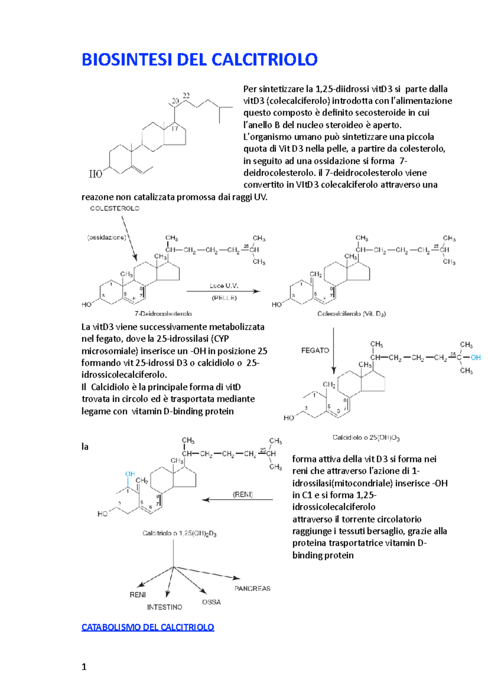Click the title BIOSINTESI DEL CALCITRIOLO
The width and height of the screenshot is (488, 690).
tap(199, 60)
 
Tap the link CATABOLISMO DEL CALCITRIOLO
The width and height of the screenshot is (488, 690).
tap(148, 627)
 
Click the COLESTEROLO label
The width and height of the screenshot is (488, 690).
tap(115, 208)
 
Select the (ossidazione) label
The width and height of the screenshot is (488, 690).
tap(107, 237)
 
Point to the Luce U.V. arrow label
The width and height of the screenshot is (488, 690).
tap(224, 286)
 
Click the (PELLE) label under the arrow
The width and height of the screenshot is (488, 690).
tap(224, 298)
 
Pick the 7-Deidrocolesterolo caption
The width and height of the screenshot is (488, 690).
tap(163, 314)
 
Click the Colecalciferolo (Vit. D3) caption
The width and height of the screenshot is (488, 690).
tap(351, 314)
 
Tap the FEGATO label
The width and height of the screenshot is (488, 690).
tap(315, 350)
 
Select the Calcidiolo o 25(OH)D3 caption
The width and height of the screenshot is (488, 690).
tap(366, 438)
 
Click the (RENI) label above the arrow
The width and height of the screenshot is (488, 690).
tap(243, 494)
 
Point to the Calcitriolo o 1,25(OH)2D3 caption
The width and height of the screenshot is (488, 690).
tap(179, 533)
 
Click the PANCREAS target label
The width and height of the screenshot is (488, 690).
tap(252, 588)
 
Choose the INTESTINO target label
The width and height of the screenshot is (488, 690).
tap(165, 607)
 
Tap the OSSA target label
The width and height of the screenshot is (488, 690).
tap(211, 602)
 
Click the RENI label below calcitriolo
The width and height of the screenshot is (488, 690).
tap(137, 595)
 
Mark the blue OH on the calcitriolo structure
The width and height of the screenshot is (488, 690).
tap(130, 474)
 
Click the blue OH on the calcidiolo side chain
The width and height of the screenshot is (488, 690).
tap(475, 358)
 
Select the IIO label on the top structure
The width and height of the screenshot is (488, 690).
tap(96, 174)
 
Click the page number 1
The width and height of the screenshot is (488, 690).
tap(84, 667)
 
